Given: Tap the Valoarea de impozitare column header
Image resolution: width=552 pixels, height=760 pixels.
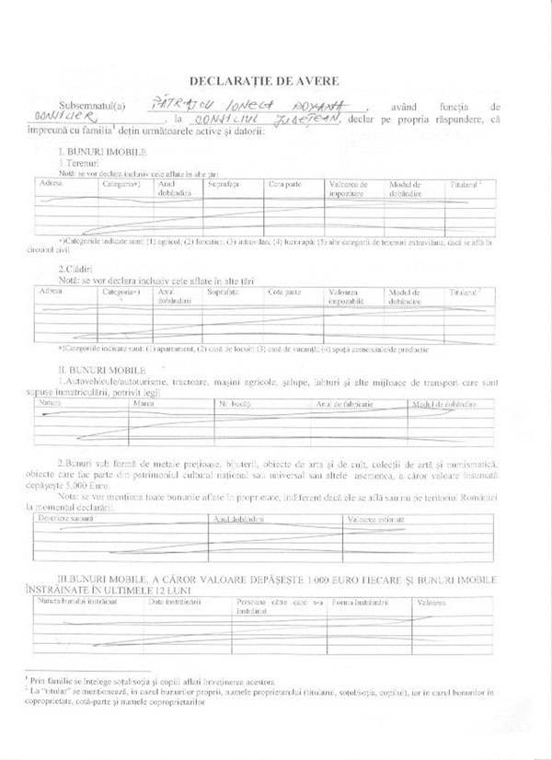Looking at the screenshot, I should click(350, 189).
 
